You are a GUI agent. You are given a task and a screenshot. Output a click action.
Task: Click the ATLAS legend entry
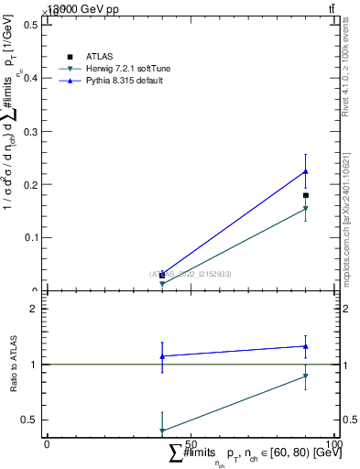click(99, 57)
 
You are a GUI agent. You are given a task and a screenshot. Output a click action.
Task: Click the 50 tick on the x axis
click(190, 443)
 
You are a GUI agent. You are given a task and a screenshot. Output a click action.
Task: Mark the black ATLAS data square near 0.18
click(306, 195)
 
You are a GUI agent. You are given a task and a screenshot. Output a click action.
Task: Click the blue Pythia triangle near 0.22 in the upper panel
click(306, 171)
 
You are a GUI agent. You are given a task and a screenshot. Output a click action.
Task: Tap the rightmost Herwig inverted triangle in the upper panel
click(306, 209)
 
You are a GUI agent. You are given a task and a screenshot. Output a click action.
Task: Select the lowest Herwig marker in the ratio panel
click(162, 431)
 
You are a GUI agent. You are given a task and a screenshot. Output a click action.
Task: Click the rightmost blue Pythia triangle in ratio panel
click(306, 346)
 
